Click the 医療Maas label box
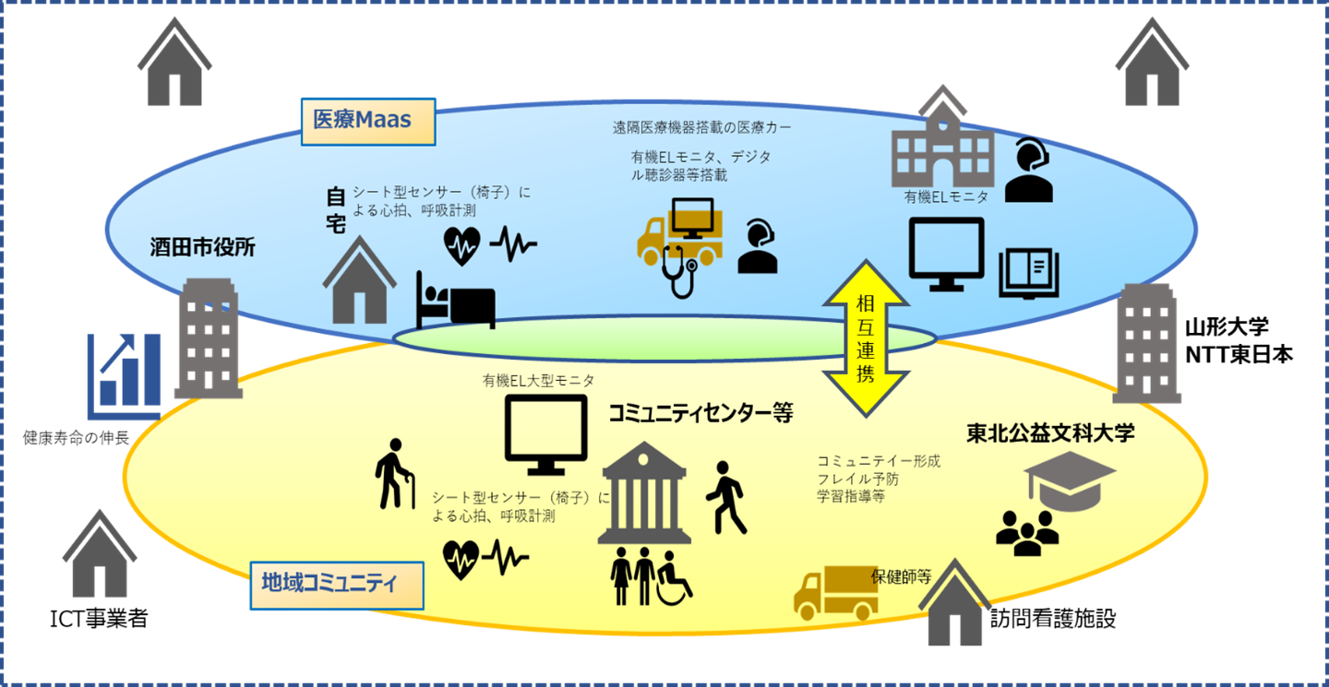pyautogui.click(x=368, y=121)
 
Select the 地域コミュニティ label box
pyautogui.click(x=336, y=584)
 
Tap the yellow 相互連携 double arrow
pyautogui.click(x=866, y=338)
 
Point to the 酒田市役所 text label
pyautogui.click(x=203, y=246)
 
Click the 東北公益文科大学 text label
pyautogui.click(x=1050, y=433)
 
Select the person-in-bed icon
pyautogui.click(x=455, y=300)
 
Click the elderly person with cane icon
pyautogui.click(x=396, y=475)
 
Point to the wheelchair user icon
pyautogui.click(x=673, y=578)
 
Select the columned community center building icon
pyautogui.click(x=643, y=493)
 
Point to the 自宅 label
pyautogui.click(x=335, y=209)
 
